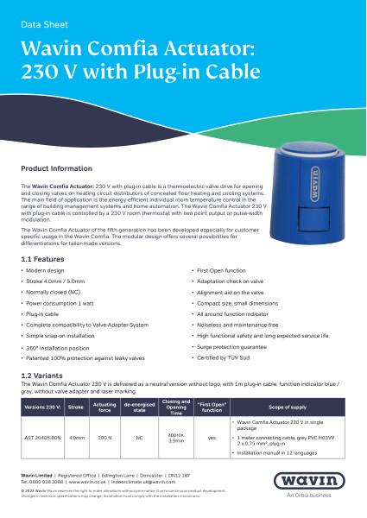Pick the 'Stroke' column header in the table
(76, 405)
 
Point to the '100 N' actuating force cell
(104, 438)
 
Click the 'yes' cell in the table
(212, 438)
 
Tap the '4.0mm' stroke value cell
(76, 438)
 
